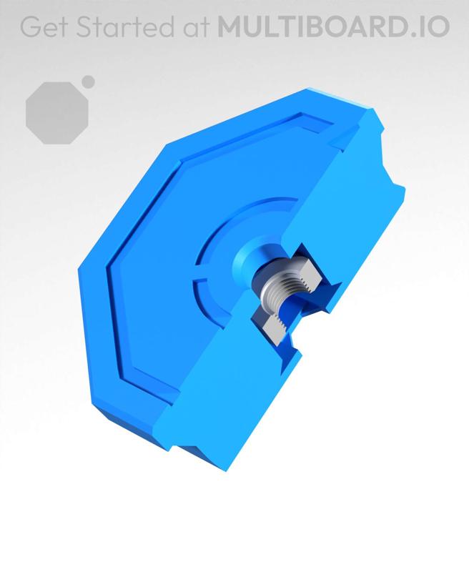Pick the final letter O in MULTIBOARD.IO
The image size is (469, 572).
coord(438,26)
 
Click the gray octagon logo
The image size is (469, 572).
coord(56,112)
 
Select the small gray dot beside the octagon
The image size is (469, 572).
coord(88,82)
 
